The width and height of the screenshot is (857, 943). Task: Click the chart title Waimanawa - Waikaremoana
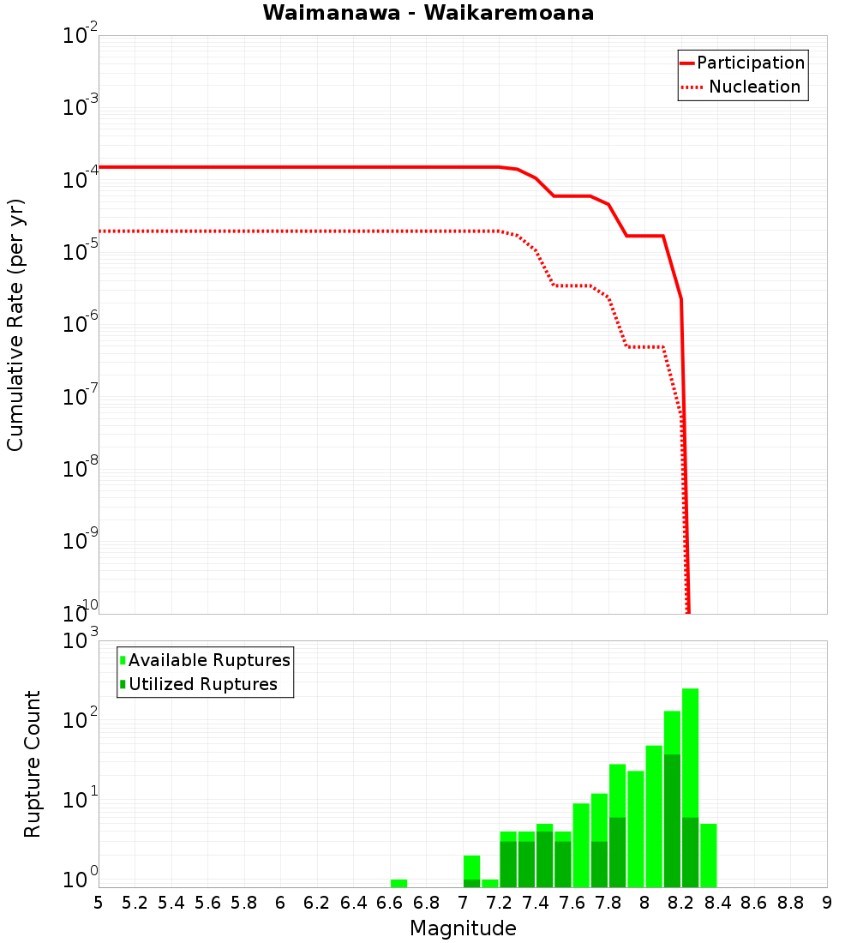(x=428, y=13)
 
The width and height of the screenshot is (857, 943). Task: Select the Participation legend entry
(x=742, y=63)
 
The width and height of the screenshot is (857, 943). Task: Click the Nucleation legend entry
(x=742, y=87)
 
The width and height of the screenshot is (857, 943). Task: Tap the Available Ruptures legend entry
(x=206, y=660)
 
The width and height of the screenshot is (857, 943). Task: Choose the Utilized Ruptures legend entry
(x=199, y=684)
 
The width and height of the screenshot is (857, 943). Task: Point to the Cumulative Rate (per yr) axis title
(x=15, y=325)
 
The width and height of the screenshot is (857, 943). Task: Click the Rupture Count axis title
(x=33, y=764)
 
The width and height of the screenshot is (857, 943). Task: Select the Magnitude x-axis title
(x=463, y=928)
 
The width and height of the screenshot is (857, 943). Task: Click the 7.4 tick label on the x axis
(x=536, y=903)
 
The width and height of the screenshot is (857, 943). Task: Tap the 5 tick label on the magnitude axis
(x=99, y=903)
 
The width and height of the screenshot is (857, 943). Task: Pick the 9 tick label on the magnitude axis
(x=827, y=903)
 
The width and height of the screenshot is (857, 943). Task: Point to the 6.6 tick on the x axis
(x=390, y=903)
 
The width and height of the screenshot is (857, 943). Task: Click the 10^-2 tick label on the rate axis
(x=81, y=36)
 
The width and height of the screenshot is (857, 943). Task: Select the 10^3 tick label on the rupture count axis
(x=81, y=641)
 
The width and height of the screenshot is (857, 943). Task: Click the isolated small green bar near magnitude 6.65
(x=399, y=883)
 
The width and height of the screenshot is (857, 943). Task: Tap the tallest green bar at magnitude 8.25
(x=690, y=772)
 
